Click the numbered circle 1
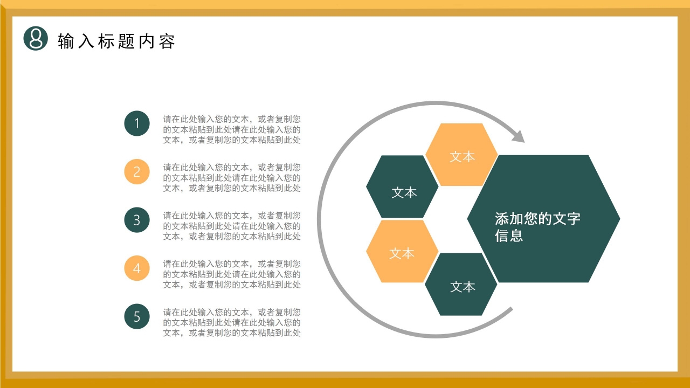(x=137, y=123)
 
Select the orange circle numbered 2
(x=137, y=172)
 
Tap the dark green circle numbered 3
(x=137, y=220)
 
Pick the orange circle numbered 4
(x=137, y=268)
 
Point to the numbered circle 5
(x=137, y=316)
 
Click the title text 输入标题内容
(x=116, y=41)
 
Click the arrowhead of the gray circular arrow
(x=519, y=136)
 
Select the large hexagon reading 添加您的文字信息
(x=543, y=219)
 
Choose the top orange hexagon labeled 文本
(x=462, y=155)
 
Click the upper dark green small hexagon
(x=403, y=187)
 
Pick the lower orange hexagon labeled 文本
(x=402, y=251)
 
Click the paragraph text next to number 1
(x=232, y=129)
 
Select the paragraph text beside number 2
(x=232, y=177)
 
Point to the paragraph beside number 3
(x=232, y=226)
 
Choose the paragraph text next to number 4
(x=232, y=274)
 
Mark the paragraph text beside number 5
(x=232, y=322)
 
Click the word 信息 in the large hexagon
(x=509, y=235)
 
